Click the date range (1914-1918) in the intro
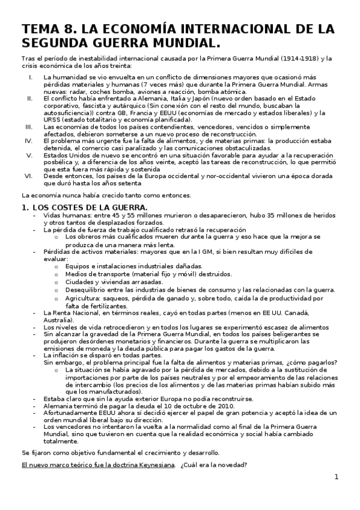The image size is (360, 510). point(297,58)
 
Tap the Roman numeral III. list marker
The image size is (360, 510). point(29,127)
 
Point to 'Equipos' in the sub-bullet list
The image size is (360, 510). point(79,266)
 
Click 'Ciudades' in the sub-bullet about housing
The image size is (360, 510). point(81,281)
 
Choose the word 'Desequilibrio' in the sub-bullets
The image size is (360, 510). point(88,290)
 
